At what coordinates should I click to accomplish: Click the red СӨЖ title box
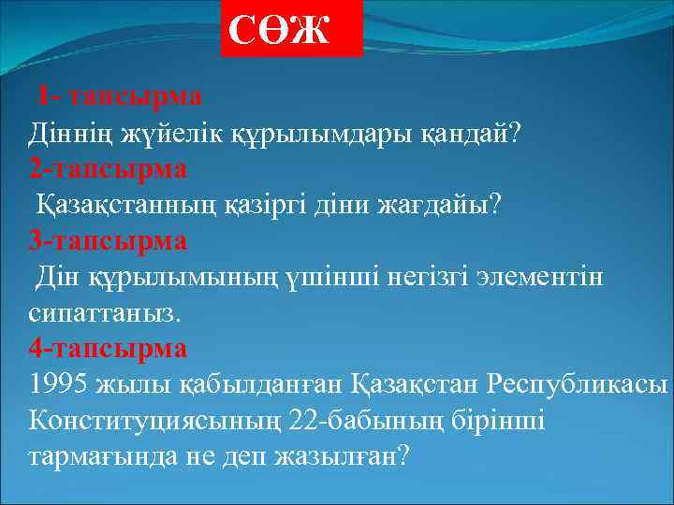pyautogui.click(x=291, y=29)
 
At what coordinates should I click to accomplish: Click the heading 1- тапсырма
pyautogui.click(x=120, y=95)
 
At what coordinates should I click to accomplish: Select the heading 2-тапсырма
pyautogui.click(x=108, y=168)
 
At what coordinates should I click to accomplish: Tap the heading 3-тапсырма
pyautogui.click(x=108, y=240)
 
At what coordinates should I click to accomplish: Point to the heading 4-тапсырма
pyautogui.click(x=108, y=348)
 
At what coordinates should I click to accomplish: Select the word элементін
pyautogui.click(x=540, y=278)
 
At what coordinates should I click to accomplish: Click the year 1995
pyautogui.click(x=60, y=385)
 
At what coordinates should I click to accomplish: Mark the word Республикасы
pyautogui.click(x=577, y=385)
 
